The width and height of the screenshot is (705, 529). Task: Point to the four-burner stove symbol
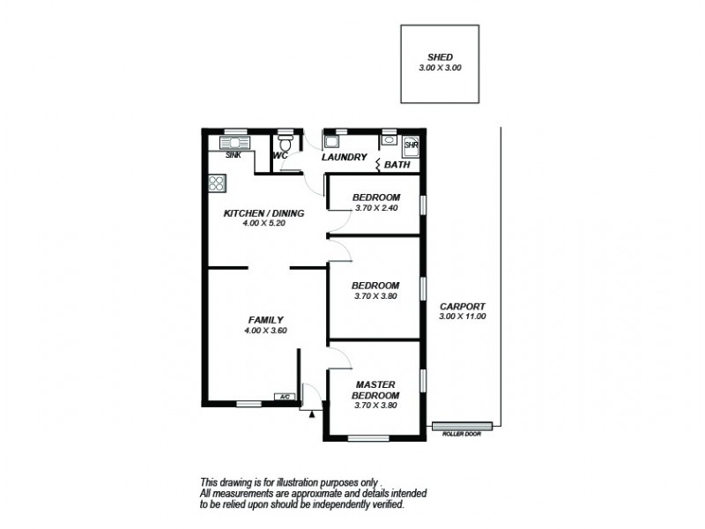pos(217,183)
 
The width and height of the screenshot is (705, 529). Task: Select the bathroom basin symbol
pos(388,141)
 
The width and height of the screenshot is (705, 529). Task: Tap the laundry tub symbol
pos(331,140)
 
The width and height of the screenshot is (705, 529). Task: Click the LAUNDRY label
pos(343,157)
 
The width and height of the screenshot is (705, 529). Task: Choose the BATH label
pos(398,165)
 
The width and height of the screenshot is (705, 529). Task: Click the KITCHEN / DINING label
pos(263,213)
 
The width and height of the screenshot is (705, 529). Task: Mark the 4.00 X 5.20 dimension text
pos(263,223)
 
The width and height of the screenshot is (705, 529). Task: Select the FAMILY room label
pos(264,320)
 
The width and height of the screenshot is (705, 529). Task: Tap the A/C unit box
pos(285,397)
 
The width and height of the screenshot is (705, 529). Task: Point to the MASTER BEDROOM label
pos(377,390)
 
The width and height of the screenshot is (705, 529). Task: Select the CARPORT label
pos(463,306)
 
